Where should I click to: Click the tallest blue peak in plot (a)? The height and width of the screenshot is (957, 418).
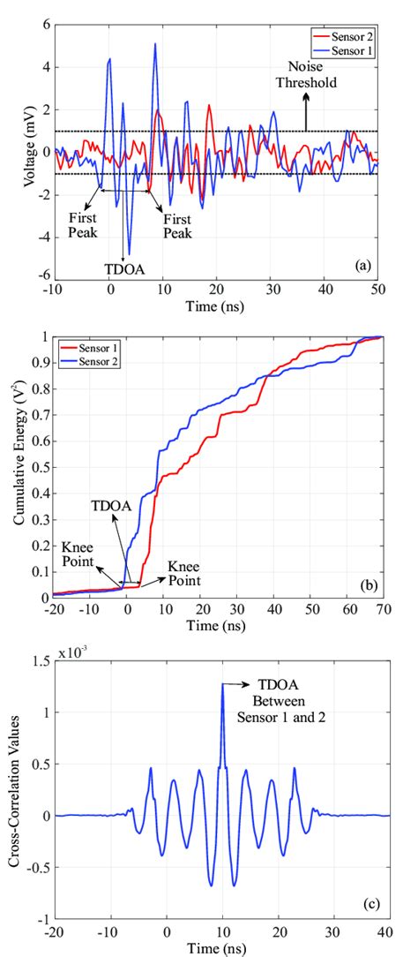155,44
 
